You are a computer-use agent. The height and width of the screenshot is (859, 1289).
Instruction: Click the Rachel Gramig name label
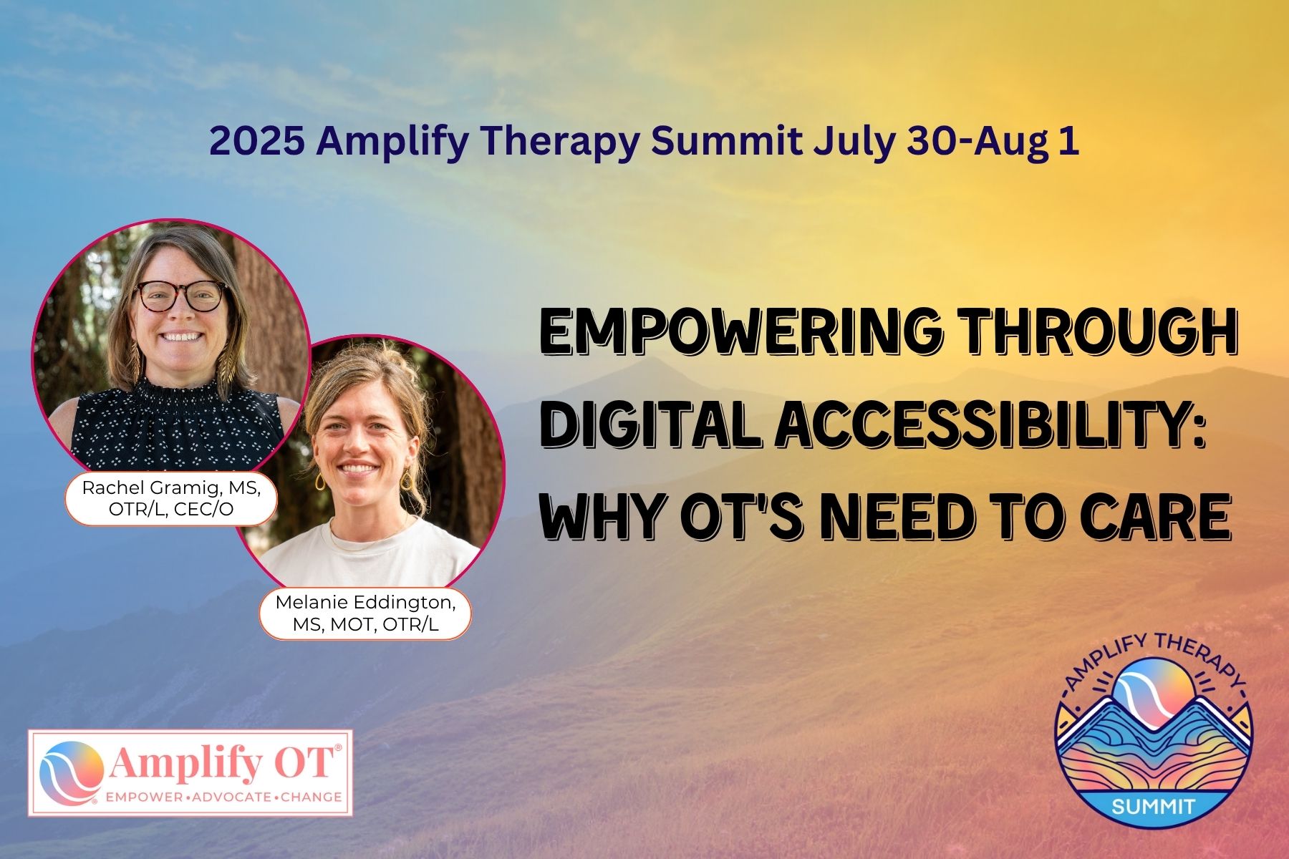tap(170, 498)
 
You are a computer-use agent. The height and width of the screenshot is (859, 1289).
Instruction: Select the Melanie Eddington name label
tap(365, 613)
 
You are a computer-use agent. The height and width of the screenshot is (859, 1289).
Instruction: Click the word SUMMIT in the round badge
tap(1153, 806)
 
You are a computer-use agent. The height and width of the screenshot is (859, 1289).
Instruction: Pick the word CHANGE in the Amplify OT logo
tap(311, 797)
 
